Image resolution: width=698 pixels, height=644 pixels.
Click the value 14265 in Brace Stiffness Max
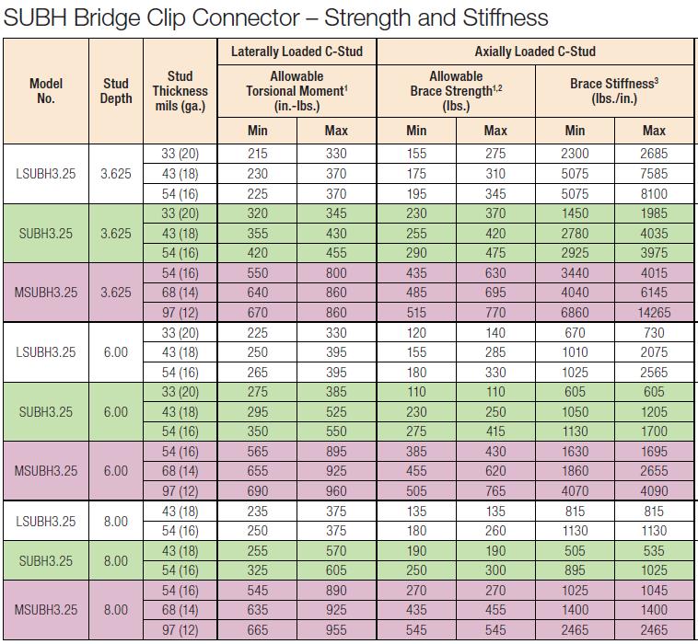654,312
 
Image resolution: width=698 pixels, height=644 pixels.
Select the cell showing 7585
654,173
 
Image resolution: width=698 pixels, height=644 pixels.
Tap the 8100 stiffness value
654,193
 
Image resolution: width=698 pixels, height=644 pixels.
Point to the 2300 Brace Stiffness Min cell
576,154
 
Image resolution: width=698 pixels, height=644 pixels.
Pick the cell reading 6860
576,312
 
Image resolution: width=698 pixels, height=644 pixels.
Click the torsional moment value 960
336,491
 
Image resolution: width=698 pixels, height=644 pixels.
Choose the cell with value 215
258,154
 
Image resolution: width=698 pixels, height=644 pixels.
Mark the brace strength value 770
495,312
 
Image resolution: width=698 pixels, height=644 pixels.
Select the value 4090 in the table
654,491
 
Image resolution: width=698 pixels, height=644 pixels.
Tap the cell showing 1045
654,591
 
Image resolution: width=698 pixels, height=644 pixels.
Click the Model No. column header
45,91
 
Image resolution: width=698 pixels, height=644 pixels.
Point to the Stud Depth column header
115,91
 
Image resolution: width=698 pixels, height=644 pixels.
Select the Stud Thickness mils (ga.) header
180,91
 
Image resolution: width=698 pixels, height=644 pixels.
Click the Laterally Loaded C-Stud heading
297,52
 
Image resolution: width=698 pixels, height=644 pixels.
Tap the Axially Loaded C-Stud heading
535,52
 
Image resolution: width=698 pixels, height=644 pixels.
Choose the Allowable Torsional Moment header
297,91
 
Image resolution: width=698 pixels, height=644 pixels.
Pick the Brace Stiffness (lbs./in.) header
615,90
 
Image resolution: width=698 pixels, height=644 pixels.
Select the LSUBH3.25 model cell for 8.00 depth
45,521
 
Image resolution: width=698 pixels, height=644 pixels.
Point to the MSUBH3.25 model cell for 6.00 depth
45,471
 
